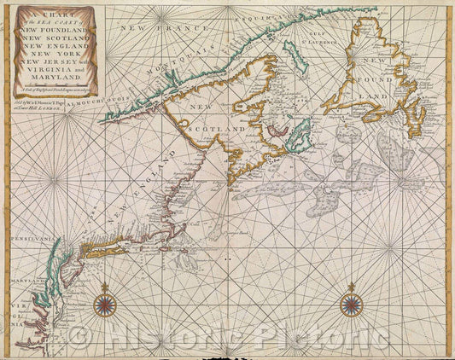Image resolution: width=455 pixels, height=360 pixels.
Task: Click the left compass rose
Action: (105, 304)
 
